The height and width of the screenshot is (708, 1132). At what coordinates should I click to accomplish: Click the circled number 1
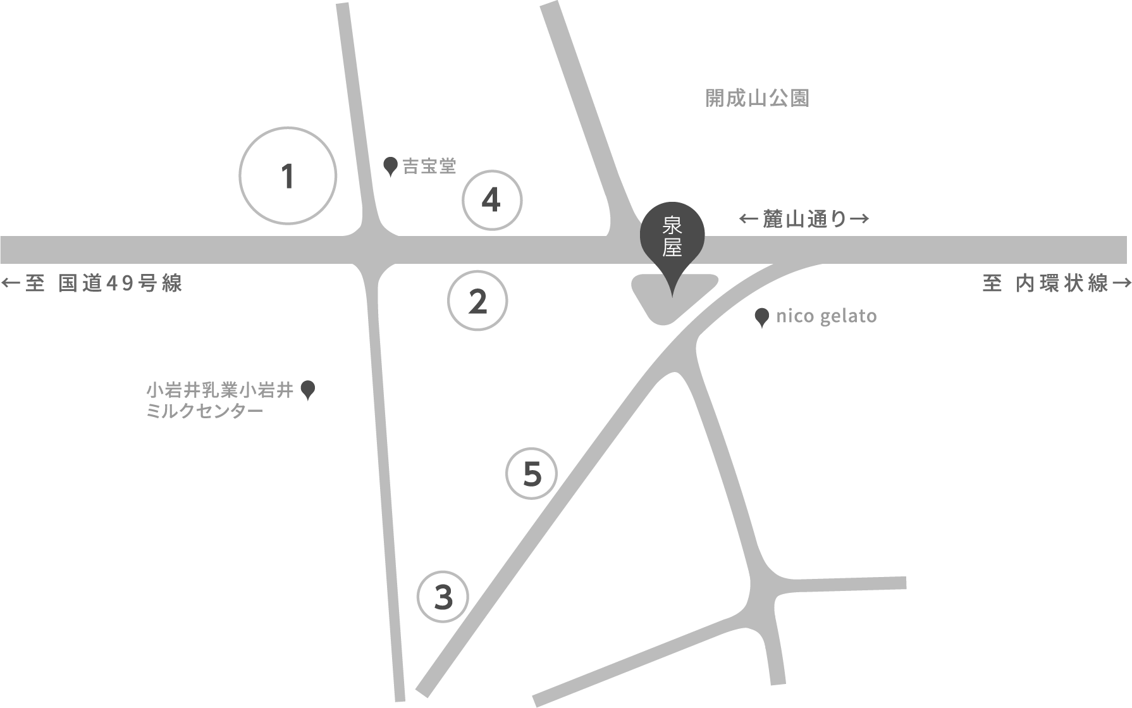click(288, 175)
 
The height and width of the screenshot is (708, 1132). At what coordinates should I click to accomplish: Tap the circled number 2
click(477, 301)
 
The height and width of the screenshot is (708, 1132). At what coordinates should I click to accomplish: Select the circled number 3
click(443, 597)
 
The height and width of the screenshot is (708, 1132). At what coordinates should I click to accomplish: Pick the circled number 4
click(492, 201)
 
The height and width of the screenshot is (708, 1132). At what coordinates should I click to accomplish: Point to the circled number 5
click(532, 473)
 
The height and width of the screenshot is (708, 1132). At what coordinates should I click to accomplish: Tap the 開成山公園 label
click(757, 99)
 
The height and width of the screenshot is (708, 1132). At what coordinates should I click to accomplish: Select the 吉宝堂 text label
click(429, 166)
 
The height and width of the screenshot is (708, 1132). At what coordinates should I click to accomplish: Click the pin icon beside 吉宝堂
click(391, 166)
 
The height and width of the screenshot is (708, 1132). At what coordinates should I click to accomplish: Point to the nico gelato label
click(826, 316)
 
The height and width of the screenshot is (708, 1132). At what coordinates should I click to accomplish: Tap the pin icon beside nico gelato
click(762, 316)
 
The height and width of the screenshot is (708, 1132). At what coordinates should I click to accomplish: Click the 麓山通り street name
click(804, 219)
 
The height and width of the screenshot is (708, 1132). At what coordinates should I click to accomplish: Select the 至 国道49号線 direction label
click(103, 283)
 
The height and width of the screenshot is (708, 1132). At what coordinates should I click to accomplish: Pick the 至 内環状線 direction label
click(1045, 283)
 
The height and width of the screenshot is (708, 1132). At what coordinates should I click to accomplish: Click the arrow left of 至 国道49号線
click(11, 283)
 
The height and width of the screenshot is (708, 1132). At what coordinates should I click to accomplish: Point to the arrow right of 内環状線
click(1121, 283)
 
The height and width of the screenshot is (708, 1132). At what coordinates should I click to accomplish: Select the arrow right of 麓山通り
click(859, 219)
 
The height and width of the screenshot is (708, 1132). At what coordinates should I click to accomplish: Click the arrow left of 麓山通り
click(748, 219)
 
